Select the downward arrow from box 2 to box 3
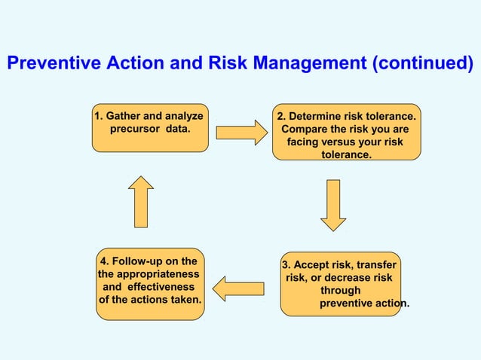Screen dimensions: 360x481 [x=333, y=204]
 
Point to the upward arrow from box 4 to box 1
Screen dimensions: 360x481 [x=141, y=201]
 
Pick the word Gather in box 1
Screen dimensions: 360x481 [x=122, y=117]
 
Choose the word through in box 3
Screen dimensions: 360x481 [x=340, y=291]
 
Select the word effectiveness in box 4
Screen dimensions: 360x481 [x=159, y=287]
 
